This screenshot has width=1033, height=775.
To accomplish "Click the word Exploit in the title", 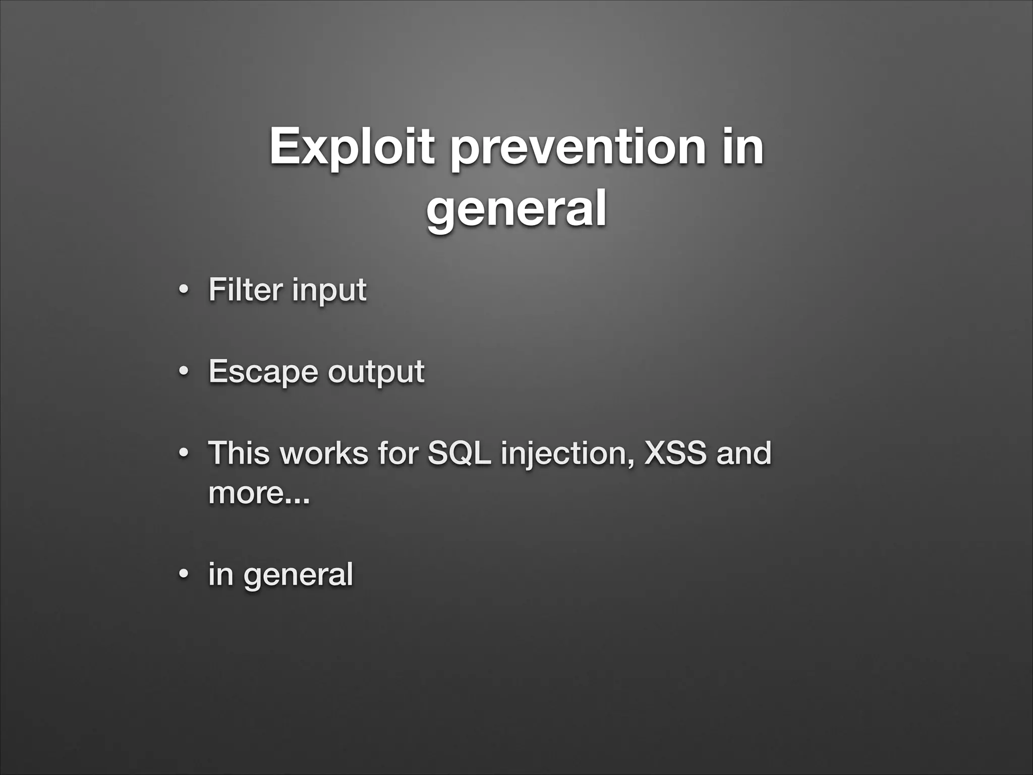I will pyautogui.click(x=352, y=147).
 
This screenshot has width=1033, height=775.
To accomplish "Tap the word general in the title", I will pyautogui.click(x=516, y=208).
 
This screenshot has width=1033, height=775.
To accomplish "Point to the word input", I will pyautogui.click(x=329, y=291).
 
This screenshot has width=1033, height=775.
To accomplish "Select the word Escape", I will pyautogui.click(x=263, y=372).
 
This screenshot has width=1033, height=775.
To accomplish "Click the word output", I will pyautogui.click(x=376, y=372).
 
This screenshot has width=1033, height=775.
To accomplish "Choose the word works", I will pyautogui.click(x=324, y=453).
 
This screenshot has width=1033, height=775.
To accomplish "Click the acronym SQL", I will pyautogui.click(x=458, y=453).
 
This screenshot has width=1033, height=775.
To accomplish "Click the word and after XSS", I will pyautogui.click(x=744, y=453).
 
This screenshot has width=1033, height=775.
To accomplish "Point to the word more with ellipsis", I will pyautogui.click(x=259, y=493).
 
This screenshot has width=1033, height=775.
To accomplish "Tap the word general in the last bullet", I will pyautogui.click(x=298, y=575).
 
